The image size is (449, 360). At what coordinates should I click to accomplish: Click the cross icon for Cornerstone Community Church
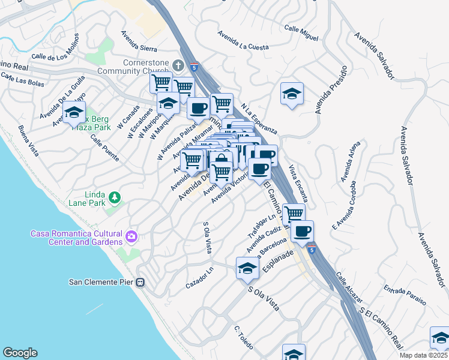click(x=178, y=64)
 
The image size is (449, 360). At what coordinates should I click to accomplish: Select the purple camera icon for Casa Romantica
click(x=131, y=238)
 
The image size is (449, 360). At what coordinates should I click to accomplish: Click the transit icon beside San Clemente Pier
click(x=140, y=282)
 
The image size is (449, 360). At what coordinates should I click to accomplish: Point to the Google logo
click(x=20, y=353)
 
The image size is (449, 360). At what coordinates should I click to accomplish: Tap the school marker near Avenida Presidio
click(x=292, y=94)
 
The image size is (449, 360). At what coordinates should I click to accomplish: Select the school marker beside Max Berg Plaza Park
click(x=74, y=112)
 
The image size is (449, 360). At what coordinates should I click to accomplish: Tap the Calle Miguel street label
click(x=301, y=33)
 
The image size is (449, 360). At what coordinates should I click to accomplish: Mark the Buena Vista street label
click(x=28, y=140)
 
